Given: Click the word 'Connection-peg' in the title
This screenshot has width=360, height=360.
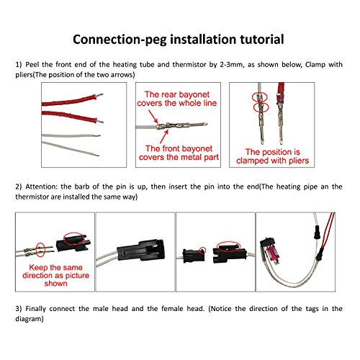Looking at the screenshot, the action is click(120, 40).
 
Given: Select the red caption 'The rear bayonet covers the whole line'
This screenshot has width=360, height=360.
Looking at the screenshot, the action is click(177, 99).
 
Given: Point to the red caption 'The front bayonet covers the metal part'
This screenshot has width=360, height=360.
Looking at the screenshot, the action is click(179, 153).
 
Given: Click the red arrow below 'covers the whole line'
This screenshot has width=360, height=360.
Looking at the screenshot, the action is click(153, 117).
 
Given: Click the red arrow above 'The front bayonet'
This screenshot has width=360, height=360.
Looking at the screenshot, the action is click(164, 136).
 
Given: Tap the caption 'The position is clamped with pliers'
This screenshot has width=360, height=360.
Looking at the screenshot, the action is click(272, 156).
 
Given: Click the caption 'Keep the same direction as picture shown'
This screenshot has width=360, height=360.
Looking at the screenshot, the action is click(55, 275).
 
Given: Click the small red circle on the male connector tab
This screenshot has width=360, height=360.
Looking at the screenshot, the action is click(203, 251).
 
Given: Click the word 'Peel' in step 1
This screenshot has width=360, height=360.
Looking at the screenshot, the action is click(32, 65).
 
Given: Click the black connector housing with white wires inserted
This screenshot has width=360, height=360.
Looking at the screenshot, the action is click(141, 251).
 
